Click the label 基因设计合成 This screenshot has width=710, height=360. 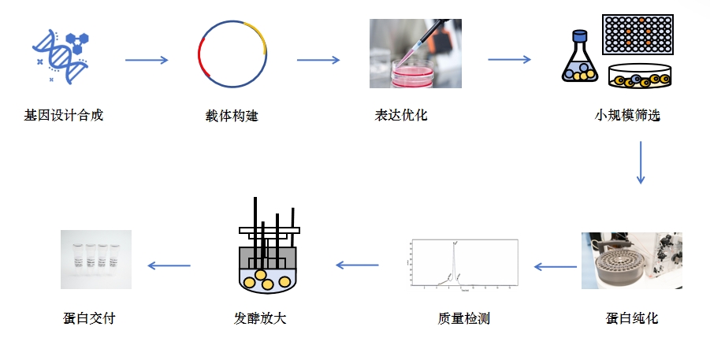(64, 116)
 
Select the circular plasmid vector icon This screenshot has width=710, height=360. (233, 53)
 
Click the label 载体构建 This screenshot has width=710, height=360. (232, 117)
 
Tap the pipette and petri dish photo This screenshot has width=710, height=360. (415, 54)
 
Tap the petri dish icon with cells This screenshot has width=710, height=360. (640, 76)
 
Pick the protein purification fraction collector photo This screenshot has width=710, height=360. (631, 261)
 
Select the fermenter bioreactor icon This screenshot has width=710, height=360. (269, 248)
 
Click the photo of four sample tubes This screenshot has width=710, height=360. (96, 259)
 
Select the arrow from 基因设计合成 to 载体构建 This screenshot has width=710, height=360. (147, 60)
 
